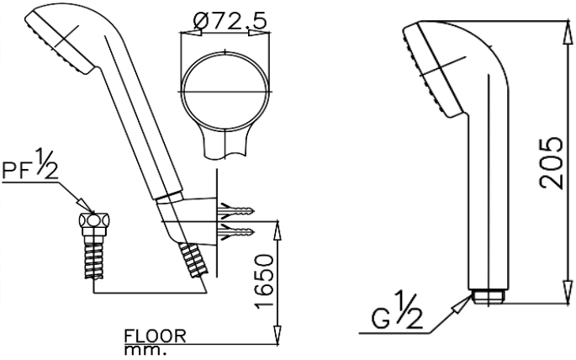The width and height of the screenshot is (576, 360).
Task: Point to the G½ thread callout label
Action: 399,319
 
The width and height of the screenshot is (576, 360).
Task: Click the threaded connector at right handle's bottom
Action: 491,296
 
